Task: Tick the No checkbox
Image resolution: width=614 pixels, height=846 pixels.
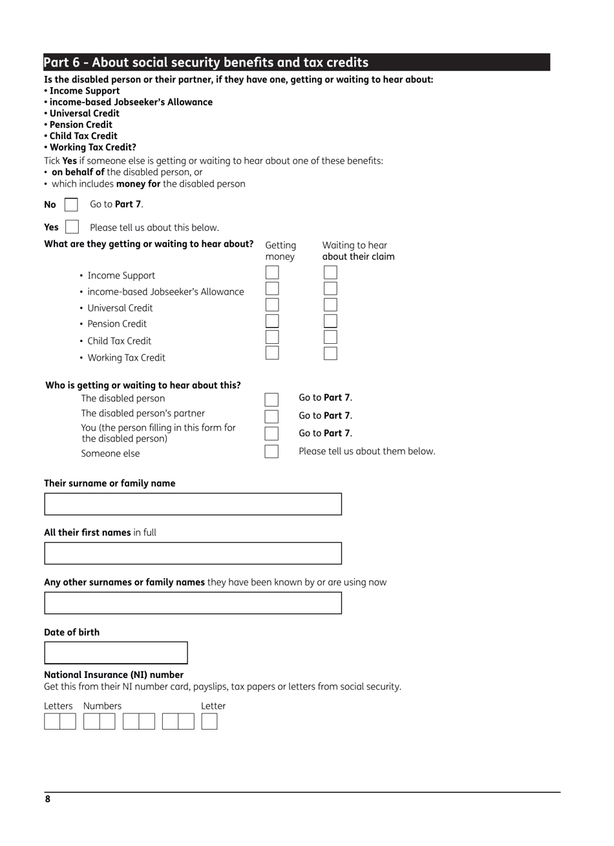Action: (x=71, y=205)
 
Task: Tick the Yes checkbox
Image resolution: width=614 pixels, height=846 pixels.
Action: (x=72, y=227)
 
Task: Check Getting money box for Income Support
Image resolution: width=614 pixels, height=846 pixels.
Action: (x=272, y=273)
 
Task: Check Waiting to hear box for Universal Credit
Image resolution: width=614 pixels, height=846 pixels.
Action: (x=330, y=305)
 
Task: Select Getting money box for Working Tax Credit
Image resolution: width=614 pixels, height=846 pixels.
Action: (x=272, y=353)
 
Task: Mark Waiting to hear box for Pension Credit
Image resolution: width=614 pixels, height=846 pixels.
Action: (x=330, y=321)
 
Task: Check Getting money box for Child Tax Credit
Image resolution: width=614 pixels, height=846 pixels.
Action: (x=272, y=337)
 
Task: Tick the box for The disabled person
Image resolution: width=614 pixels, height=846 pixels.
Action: (x=271, y=399)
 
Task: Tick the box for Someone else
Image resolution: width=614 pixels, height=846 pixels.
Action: (x=271, y=451)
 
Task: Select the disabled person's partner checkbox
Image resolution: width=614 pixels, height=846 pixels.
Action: (x=271, y=416)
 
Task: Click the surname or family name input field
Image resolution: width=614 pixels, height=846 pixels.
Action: (x=193, y=504)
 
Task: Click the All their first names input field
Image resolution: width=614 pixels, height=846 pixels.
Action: (x=193, y=553)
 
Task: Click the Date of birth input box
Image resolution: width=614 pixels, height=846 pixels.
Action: (x=116, y=653)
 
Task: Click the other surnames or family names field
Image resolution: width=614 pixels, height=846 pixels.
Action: (x=193, y=603)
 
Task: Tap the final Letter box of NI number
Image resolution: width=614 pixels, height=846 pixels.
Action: (x=209, y=721)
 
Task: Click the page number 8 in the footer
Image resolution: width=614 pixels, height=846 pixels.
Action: (x=48, y=799)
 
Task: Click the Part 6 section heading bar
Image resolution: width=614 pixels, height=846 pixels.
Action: (x=297, y=62)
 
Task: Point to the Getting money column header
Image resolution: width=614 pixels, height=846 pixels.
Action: (x=281, y=251)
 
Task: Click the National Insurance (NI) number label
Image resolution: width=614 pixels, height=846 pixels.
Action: (x=114, y=675)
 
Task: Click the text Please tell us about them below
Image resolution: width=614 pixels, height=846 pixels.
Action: (x=366, y=451)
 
